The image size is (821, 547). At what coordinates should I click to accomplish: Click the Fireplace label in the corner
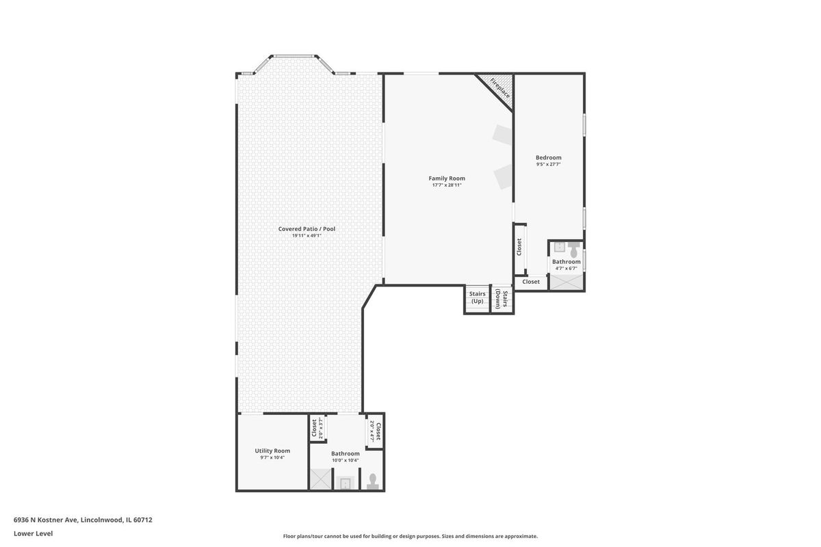pos(500,88)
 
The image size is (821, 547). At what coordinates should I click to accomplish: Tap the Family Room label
pos(447,178)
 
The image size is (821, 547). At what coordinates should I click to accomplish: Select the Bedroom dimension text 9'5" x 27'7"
pos(548,165)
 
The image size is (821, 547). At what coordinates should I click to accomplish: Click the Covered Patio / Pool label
pos(307,229)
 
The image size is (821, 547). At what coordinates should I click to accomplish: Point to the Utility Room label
pos(272,451)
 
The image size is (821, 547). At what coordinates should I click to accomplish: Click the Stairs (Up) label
pos(478,297)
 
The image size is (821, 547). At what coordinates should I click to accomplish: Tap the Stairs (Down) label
pos(501,299)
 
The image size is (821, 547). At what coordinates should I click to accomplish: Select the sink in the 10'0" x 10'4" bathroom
pos(345,483)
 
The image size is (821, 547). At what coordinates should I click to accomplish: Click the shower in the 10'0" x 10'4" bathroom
pos(321,479)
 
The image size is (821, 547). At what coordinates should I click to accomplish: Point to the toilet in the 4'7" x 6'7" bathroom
pos(573,250)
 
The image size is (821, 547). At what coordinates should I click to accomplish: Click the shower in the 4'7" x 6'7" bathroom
pos(566,282)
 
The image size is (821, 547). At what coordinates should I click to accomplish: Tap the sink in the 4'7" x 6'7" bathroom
pos(560,247)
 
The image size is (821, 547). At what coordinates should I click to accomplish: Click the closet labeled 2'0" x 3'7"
pos(317,428)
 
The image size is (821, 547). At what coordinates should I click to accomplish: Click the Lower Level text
pos(34,533)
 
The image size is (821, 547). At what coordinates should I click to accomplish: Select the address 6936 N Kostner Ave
pos(45,520)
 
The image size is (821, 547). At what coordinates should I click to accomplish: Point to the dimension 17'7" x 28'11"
pos(447,185)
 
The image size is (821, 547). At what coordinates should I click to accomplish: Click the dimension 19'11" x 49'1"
pos(307,236)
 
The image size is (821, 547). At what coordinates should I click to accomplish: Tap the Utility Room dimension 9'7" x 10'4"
pos(272,457)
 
